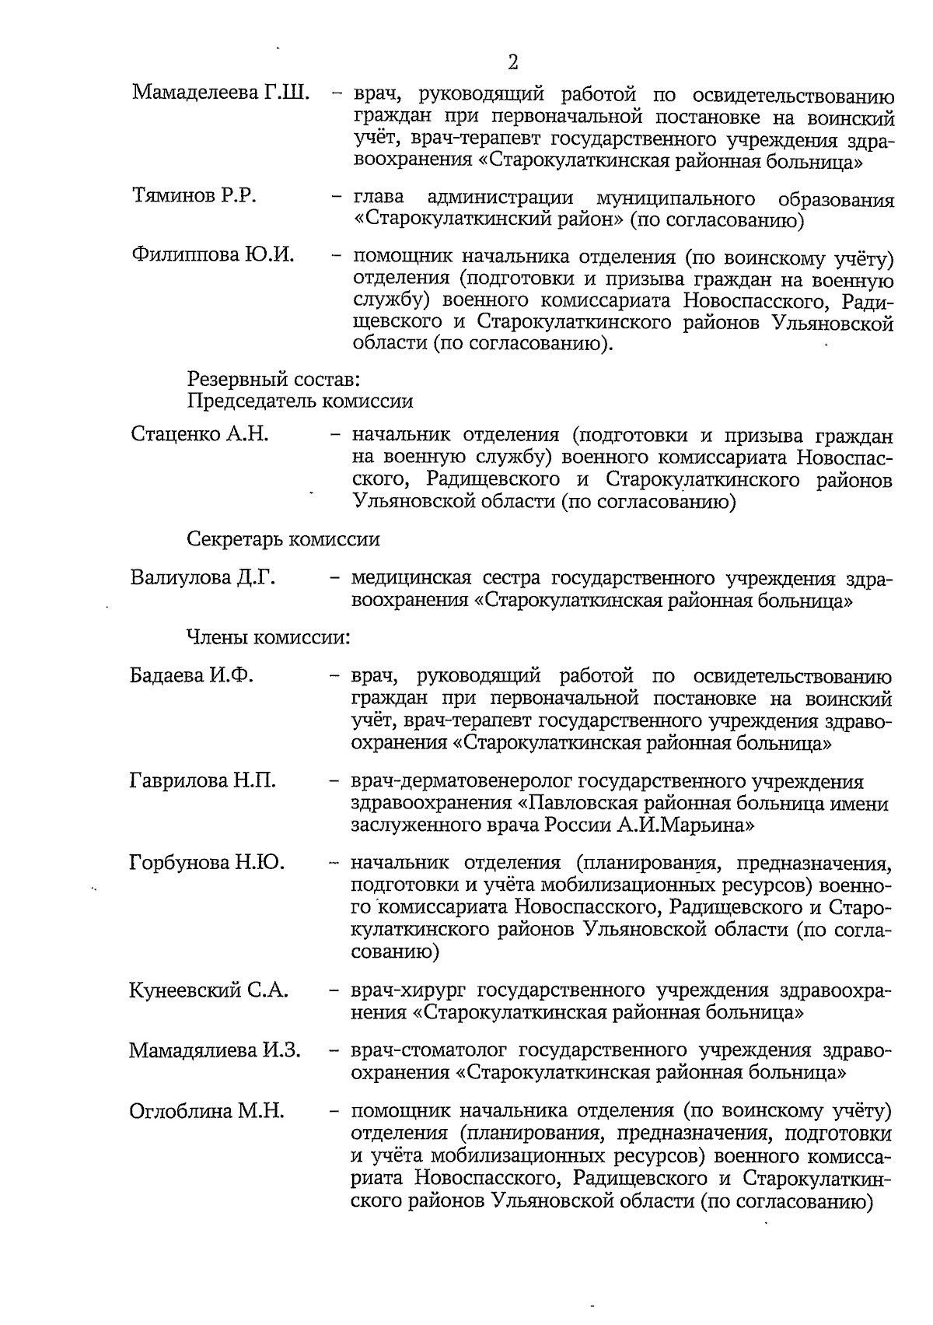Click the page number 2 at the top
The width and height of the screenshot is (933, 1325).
[x=512, y=62]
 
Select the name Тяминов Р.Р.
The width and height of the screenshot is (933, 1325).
[x=194, y=195]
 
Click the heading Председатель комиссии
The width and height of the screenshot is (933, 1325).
[x=300, y=401]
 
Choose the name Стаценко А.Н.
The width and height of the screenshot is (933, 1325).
[x=200, y=433]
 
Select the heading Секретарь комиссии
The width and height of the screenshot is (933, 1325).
[x=283, y=538]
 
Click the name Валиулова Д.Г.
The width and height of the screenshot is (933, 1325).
[x=203, y=578]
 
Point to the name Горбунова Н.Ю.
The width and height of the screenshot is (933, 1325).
[x=207, y=862]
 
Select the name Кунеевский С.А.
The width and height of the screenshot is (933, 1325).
[x=208, y=990]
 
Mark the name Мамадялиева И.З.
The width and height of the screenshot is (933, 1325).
[x=215, y=1050]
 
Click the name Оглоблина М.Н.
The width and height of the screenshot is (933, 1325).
[x=206, y=1110]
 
